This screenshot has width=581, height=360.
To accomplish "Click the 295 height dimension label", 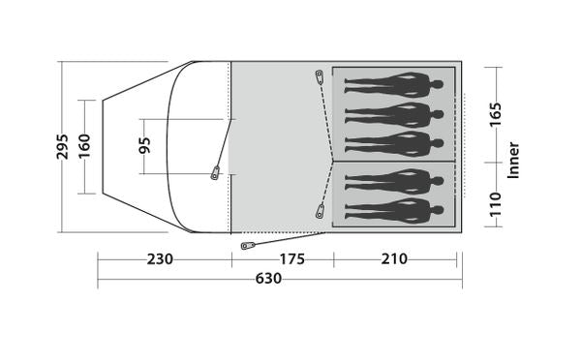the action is pyautogui.click(x=63, y=147).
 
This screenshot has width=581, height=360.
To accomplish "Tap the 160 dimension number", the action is pyautogui.click(x=84, y=146).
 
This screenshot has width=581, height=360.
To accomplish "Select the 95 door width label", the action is pyautogui.click(x=144, y=145).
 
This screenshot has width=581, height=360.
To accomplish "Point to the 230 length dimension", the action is pyautogui.click(x=160, y=259).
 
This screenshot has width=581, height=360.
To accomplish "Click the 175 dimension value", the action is pyautogui.click(x=292, y=259).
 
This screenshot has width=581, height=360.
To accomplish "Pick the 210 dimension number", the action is pyautogui.click(x=394, y=259).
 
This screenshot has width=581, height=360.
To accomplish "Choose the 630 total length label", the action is pyautogui.click(x=268, y=279).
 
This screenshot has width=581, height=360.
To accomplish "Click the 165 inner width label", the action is pyautogui.click(x=495, y=114).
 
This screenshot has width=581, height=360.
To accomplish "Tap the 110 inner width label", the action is pyautogui.click(x=495, y=204).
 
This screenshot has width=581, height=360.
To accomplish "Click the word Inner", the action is pyautogui.click(x=513, y=161).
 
